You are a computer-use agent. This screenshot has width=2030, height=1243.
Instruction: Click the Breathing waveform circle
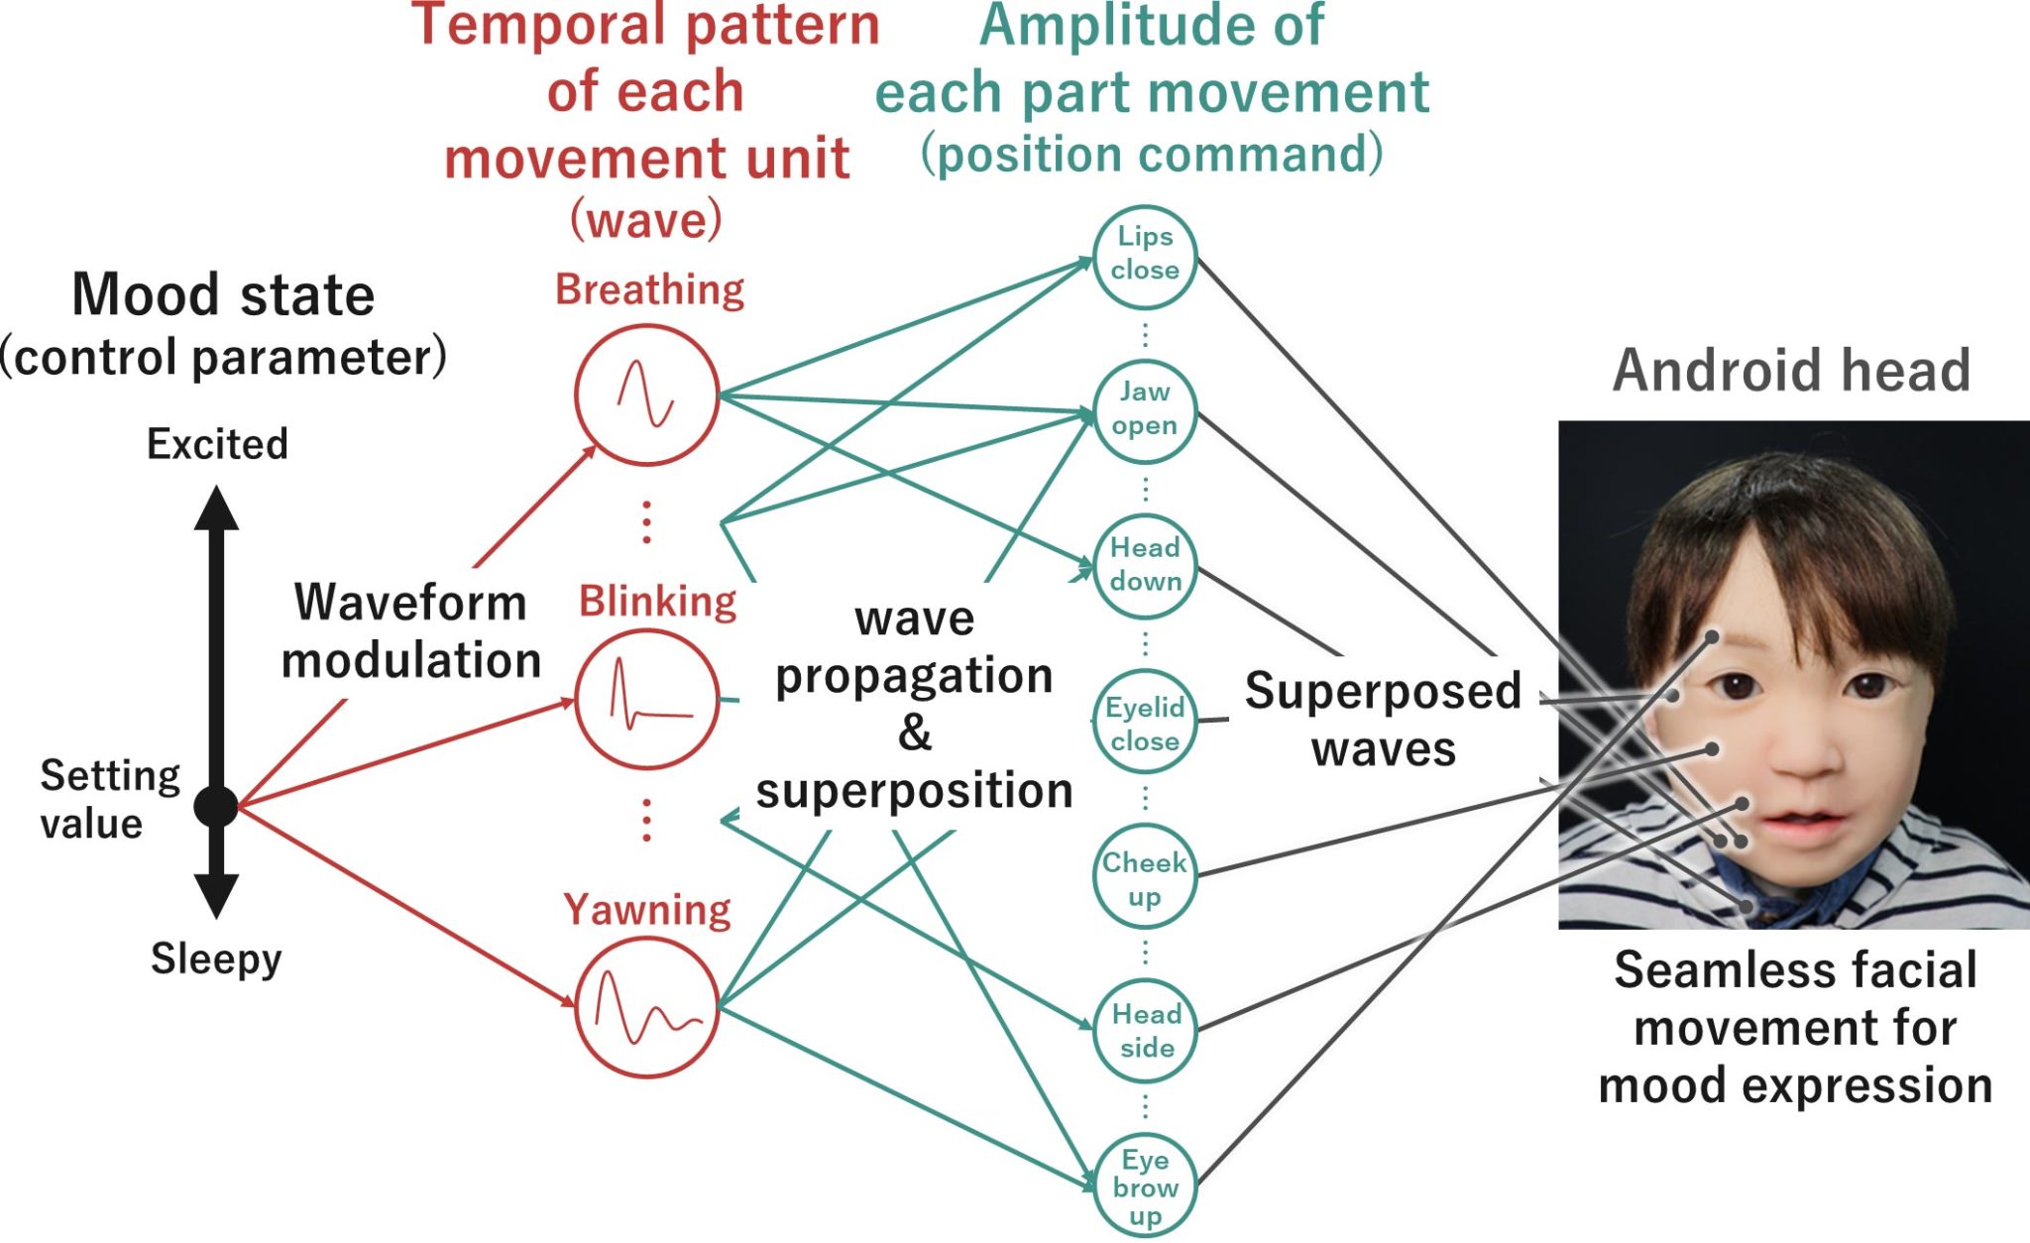pos(646,395)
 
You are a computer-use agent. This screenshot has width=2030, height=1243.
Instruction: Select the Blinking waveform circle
pos(646,700)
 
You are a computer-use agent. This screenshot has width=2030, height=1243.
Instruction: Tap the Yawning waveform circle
pos(646,1007)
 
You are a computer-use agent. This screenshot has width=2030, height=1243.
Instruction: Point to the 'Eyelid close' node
pos(1145,724)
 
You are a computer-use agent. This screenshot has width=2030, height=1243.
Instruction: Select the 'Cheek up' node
pos(1145,877)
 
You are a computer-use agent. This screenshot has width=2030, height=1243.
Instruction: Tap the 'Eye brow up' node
pos(1145,1186)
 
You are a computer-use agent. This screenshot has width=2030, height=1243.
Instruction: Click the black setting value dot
pos(215,807)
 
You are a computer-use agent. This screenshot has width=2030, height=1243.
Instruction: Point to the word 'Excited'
pos(217,444)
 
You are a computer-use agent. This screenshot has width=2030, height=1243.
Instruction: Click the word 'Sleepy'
pos(216,959)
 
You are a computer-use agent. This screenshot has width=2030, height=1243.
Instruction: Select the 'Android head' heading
pos(1791,371)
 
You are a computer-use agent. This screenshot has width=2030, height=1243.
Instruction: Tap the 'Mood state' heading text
pos(223,295)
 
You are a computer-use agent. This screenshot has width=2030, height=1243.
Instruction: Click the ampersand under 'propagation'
pos(915,734)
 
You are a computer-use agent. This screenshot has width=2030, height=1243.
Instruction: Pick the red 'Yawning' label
pos(646,910)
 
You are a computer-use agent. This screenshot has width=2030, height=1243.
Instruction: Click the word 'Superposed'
pos(1383,691)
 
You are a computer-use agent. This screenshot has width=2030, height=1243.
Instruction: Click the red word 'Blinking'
pos(657,602)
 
